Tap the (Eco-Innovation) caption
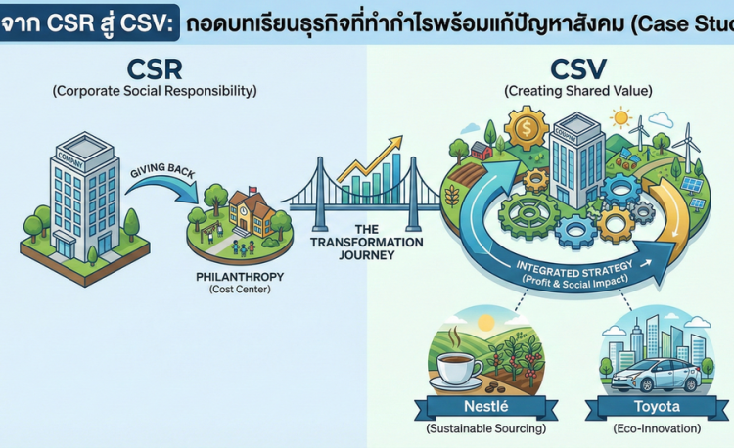click(651, 430)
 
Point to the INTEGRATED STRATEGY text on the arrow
click(571, 267)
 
